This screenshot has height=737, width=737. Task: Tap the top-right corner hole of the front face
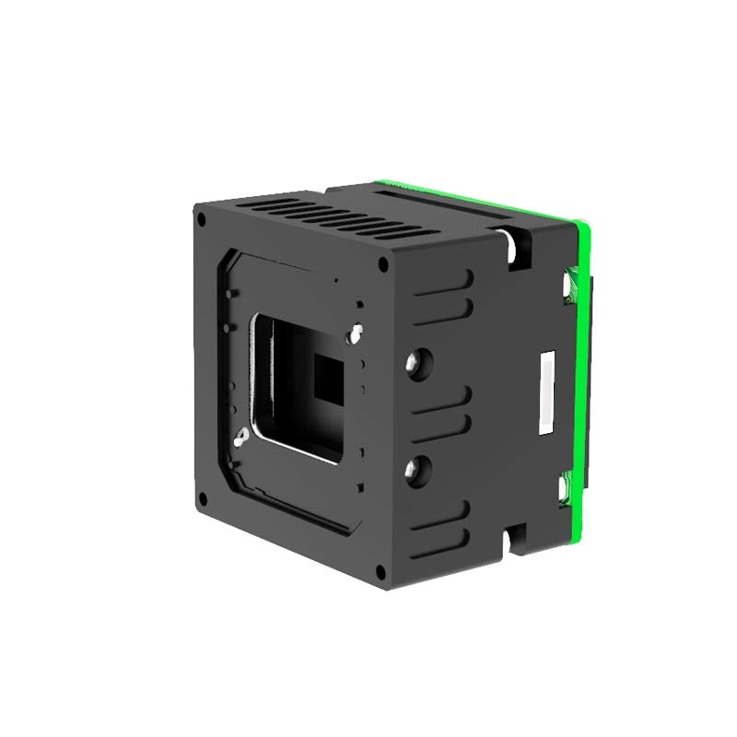382,263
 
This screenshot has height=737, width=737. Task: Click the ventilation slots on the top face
313,217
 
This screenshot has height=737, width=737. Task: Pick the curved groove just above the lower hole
447,428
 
